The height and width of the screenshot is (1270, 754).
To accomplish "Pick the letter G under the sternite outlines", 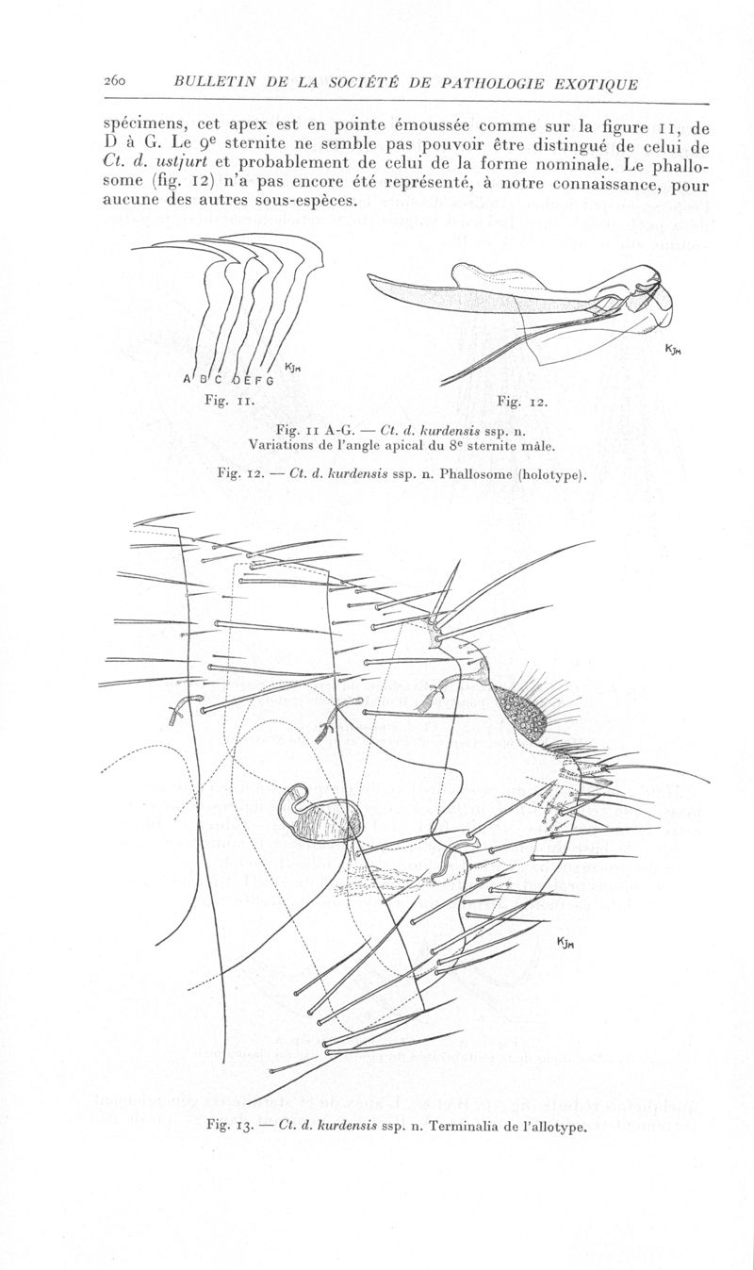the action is click(270, 380).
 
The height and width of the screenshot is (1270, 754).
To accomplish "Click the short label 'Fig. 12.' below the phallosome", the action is click(522, 402).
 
